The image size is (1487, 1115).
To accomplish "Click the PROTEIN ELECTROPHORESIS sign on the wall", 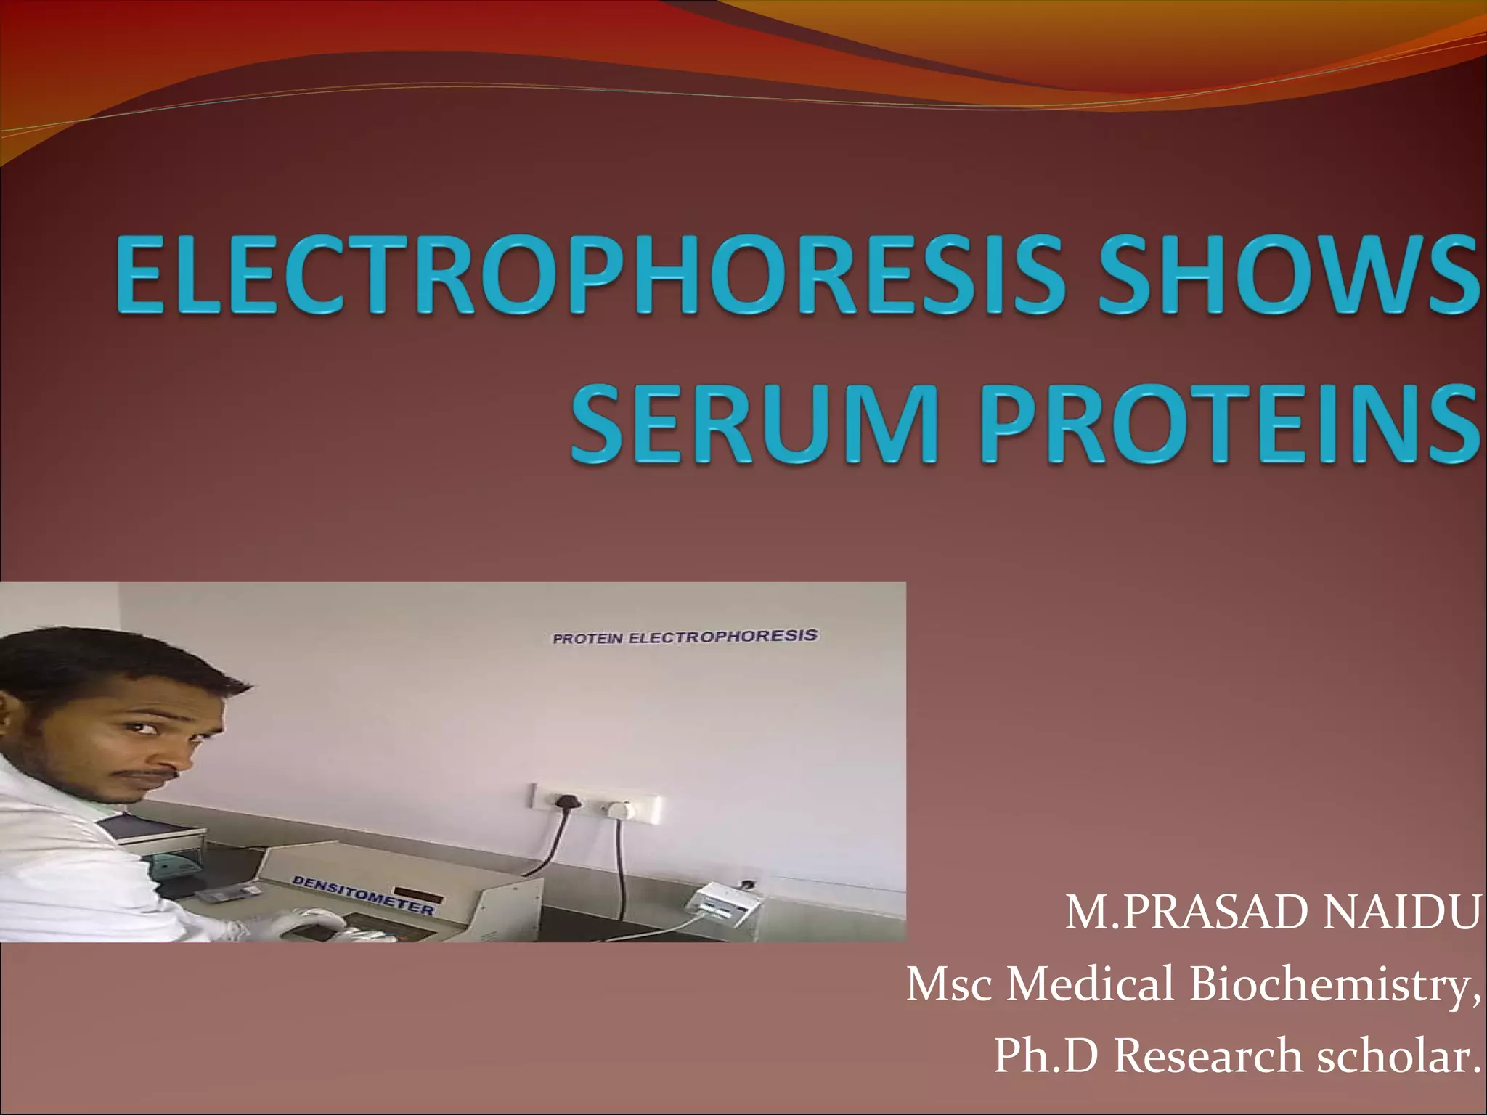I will tap(685, 637).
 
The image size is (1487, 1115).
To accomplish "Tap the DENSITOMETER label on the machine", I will tap(363, 894).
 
